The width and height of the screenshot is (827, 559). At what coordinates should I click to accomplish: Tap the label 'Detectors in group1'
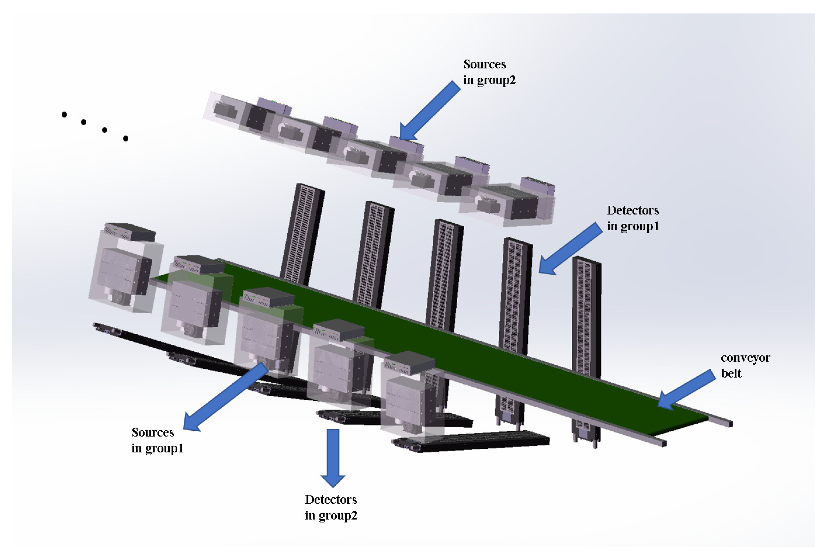[632, 218]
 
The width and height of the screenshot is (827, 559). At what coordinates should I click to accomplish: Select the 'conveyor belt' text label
[745, 365]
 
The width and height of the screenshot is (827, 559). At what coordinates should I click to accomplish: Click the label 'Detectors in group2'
[330, 507]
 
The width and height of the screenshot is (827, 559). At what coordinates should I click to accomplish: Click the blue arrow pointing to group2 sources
[431, 111]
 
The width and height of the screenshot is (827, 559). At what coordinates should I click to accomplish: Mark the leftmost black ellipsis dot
[64, 114]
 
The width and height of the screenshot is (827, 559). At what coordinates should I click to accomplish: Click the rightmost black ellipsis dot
[126, 138]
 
